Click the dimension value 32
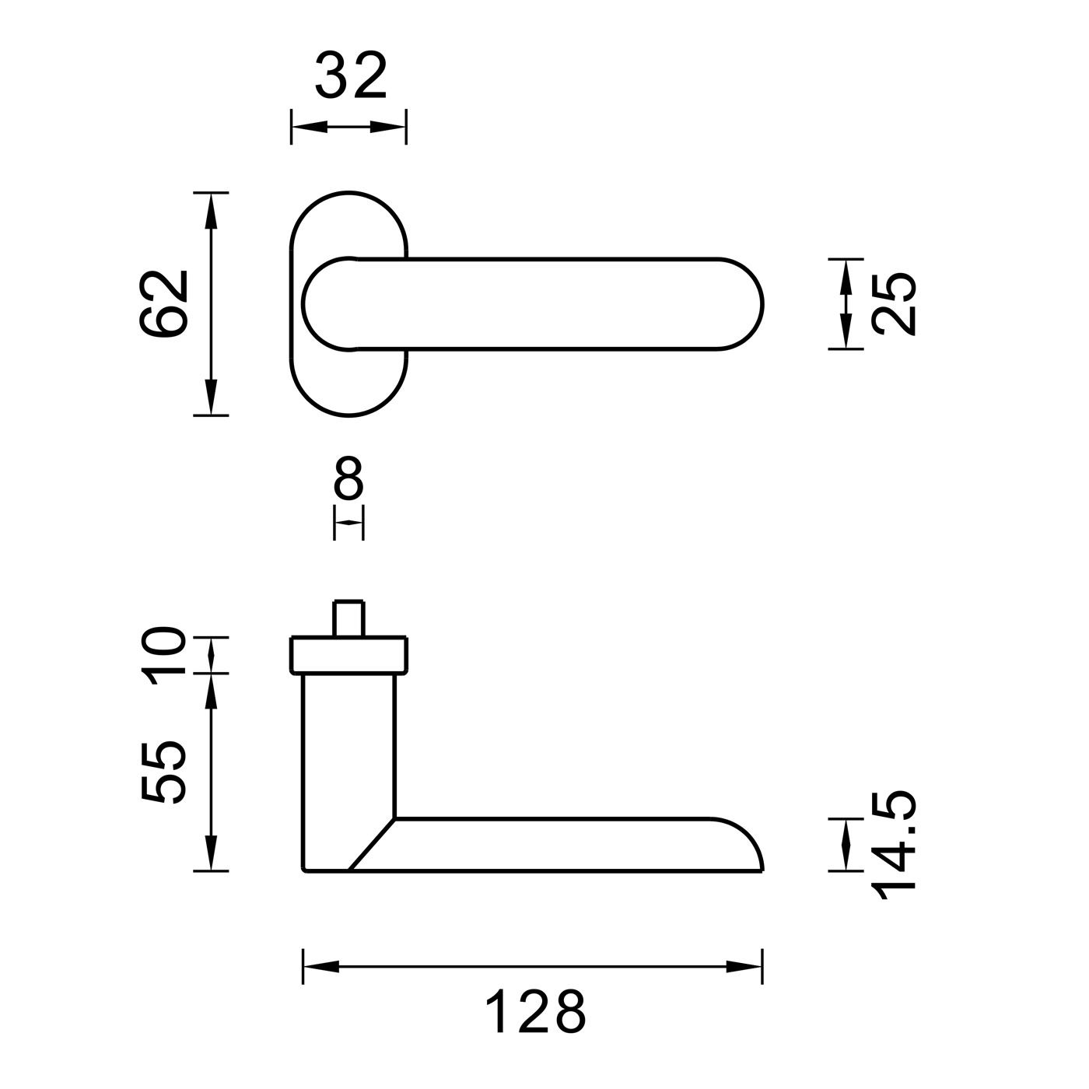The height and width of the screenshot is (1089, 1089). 350,75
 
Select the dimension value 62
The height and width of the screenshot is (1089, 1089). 163,303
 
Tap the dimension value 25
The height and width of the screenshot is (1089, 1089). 893,304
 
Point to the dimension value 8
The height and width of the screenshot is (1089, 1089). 348,478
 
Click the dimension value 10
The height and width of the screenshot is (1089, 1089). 163,655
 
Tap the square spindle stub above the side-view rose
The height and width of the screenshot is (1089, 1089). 348,618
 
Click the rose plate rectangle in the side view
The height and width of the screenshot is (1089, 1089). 348,656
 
